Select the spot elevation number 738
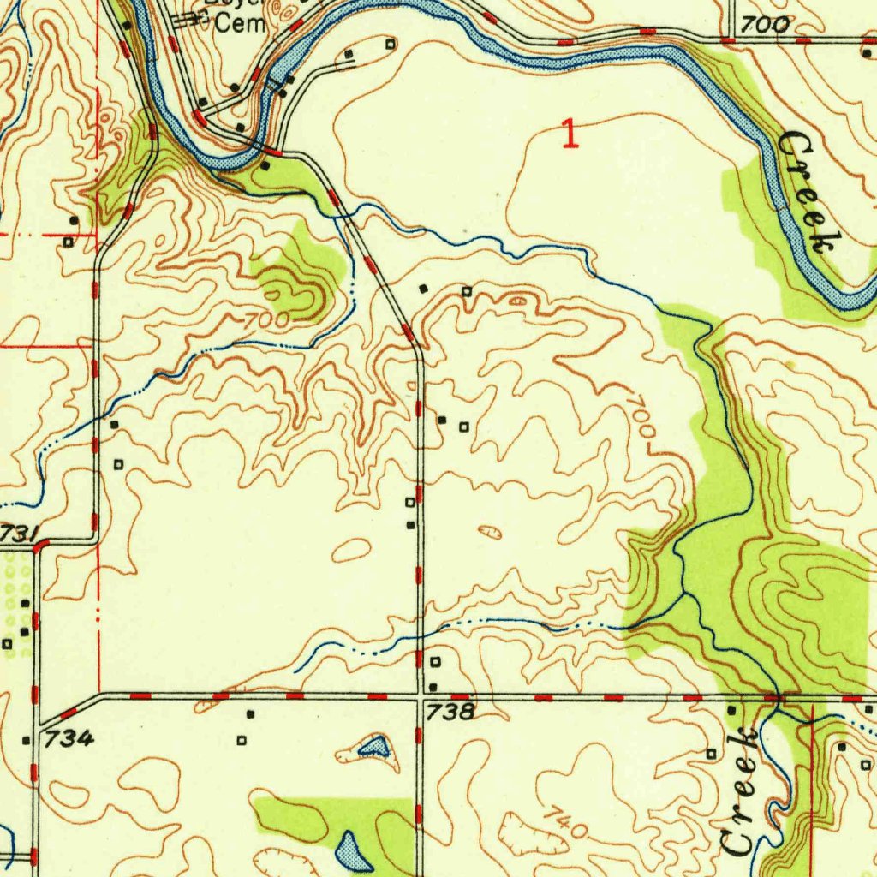pyautogui.click(x=448, y=712)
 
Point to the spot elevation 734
pyautogui.click(x=69, y=737)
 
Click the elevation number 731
pyautogui.click(x=18, y=533)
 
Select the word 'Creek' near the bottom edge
pyautogui.click(x=739, y=791)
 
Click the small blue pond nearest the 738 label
pyautogui.click(x=373, y=748)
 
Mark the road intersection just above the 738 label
pyautogui.click(x=420, y=695)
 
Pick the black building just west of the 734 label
pyautogui.click(x=26, y=740)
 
